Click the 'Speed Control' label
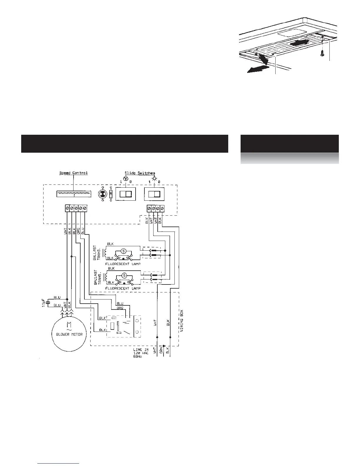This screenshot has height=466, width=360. [x=74, y=173]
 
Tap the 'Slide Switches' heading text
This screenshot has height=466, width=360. [x=140, y=173]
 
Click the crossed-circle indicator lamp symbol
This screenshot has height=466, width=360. [x=102, y=194]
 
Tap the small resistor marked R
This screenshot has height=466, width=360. [x=111, y=194]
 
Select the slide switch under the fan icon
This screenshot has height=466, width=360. [x=126, y=194]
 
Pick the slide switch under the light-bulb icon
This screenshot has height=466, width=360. [x=154, y=194]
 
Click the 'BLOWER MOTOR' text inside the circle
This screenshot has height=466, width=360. [x=69, y=334]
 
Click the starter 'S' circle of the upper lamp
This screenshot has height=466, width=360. [x=124, y=251]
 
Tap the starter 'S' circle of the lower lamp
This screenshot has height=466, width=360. [x=124, y=275]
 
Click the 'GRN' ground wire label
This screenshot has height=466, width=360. [x=161, y=351]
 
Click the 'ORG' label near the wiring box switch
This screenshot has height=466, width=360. [x=120, y=308]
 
